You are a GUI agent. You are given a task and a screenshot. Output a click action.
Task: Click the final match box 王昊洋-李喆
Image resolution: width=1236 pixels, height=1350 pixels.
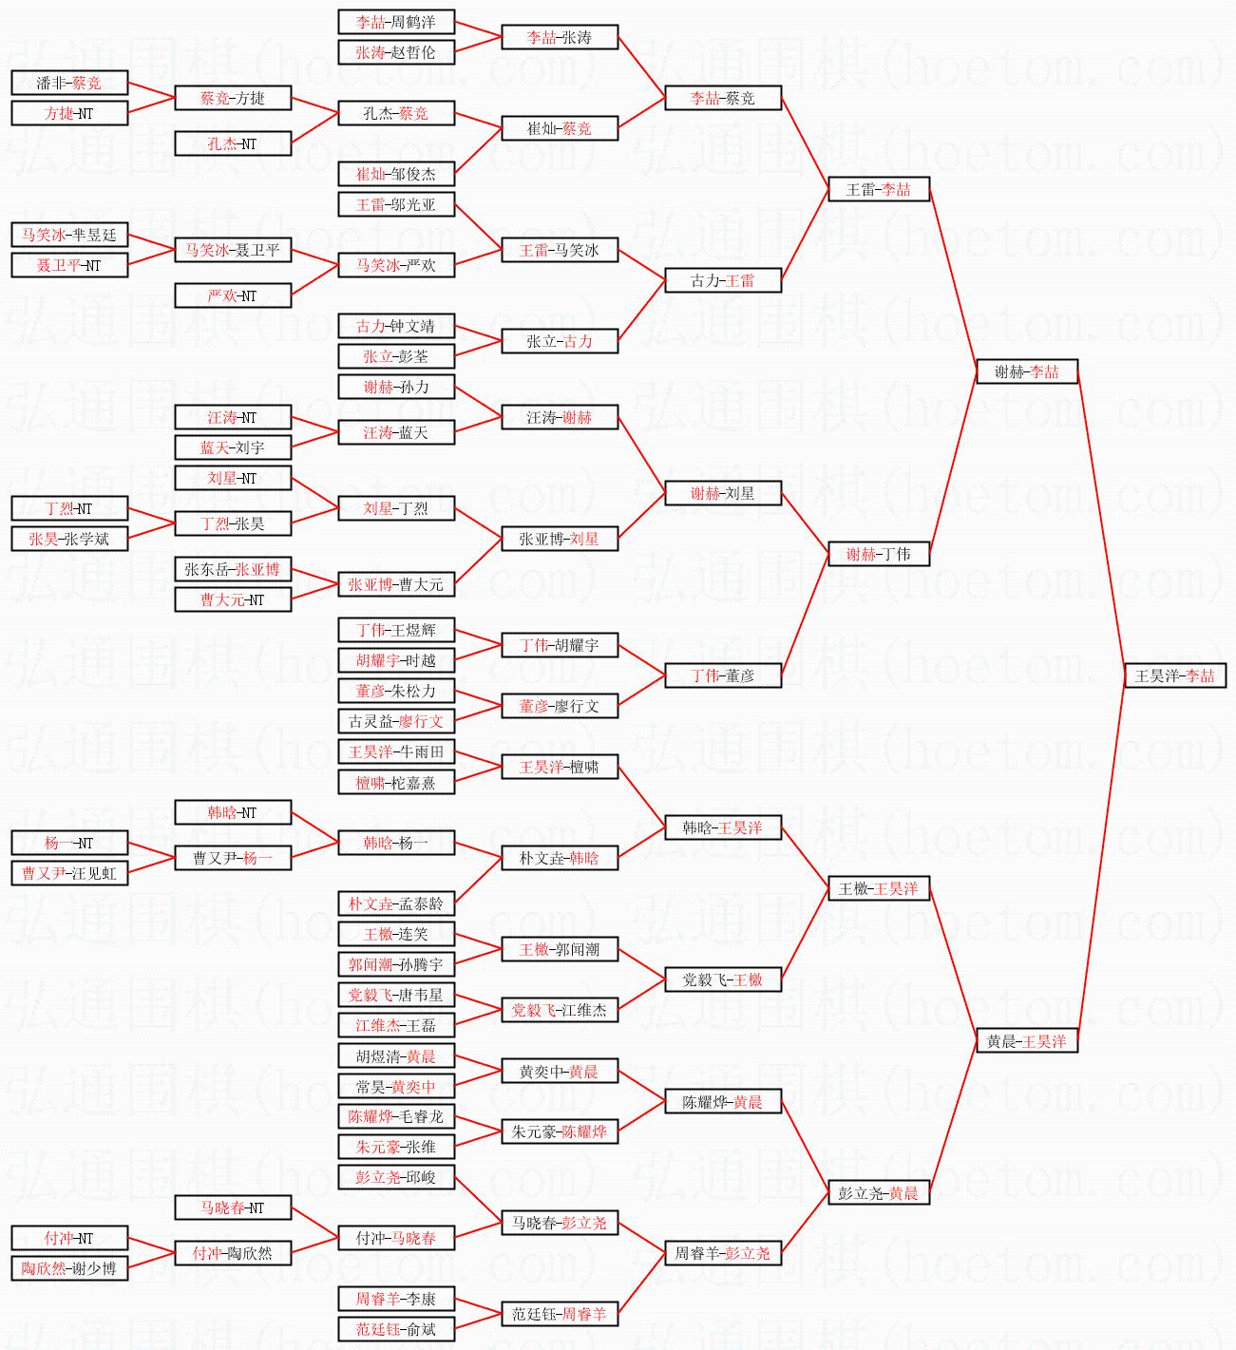tap(1175, 675)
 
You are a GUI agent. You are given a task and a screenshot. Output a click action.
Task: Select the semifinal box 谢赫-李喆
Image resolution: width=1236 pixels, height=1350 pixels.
tap(1027, 371)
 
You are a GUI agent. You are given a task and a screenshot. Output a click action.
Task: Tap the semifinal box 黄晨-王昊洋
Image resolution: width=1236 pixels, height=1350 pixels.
tap(1027, 1041)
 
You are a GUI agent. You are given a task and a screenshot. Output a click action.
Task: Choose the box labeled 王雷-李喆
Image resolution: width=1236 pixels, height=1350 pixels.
tap(879, 189)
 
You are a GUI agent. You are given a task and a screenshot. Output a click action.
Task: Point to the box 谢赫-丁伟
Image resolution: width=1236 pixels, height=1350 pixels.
tap(879, 554)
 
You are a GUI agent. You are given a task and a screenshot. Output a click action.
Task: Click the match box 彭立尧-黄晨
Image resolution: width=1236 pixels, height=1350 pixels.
tap(879, 1193)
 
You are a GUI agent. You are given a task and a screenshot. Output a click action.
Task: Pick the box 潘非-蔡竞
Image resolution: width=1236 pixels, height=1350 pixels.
tap(69, 83)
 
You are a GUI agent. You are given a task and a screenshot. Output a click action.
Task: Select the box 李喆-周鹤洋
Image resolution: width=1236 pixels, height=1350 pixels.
tap(396, 22)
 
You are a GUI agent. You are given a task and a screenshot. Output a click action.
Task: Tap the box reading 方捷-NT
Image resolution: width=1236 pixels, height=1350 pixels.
tap(69, 113)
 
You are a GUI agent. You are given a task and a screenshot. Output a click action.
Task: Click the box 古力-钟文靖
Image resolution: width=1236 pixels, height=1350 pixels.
tap(396, 326)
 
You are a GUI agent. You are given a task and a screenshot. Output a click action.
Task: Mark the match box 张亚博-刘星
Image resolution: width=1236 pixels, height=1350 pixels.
tap(560, 539)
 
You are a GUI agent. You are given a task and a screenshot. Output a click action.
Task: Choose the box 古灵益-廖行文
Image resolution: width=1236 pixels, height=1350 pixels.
tap(396, 721)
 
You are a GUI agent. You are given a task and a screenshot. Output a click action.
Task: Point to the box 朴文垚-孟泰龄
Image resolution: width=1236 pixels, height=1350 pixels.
tap(396, 903)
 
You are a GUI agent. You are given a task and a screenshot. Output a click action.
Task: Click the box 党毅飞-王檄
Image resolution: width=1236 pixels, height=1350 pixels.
tap(723, 979)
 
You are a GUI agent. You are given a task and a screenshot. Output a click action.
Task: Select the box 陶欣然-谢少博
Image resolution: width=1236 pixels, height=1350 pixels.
tap(69, 1268)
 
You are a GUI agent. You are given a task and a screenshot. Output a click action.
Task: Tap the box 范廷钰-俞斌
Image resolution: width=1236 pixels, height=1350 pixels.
tap(396, 1329)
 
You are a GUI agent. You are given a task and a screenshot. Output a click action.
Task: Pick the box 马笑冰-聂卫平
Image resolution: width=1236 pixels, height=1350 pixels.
tap(233, 250)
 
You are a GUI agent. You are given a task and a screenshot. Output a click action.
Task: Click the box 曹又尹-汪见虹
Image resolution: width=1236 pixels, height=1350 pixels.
tap(69, 873)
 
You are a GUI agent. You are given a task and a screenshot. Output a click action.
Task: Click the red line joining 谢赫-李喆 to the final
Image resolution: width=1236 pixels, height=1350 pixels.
tap(1101, 523)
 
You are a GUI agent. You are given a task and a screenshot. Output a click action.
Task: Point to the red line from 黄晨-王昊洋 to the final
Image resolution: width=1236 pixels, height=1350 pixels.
tap(1101, 858)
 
